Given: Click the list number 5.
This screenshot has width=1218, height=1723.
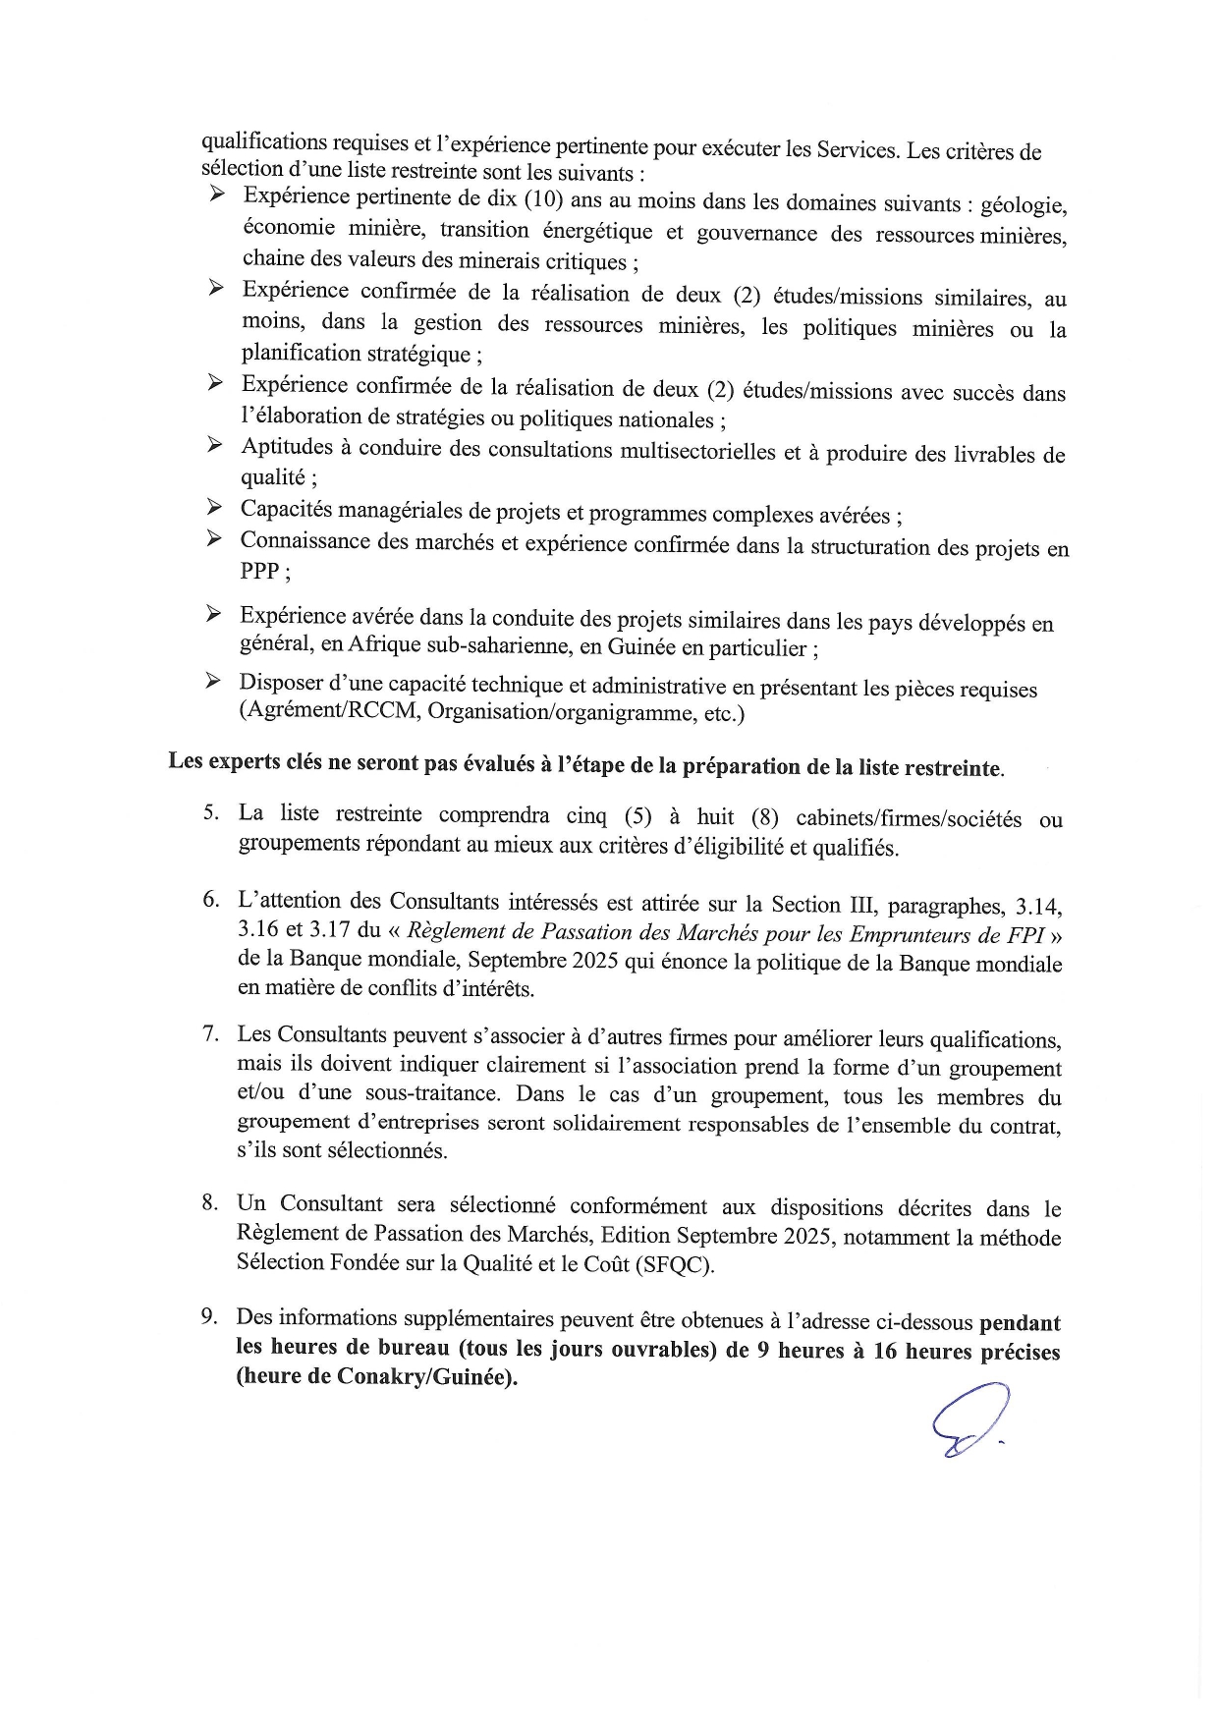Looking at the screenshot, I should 209,812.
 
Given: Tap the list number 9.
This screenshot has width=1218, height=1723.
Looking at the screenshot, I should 209,1316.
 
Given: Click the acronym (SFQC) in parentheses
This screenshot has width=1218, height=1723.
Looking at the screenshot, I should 674,1265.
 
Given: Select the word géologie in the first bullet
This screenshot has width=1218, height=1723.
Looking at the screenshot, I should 1027,205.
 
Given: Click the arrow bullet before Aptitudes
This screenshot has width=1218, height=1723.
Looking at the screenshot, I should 215,446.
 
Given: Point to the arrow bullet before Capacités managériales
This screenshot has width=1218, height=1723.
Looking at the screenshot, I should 214,508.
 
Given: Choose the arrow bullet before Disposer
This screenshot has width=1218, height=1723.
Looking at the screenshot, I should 213,681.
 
